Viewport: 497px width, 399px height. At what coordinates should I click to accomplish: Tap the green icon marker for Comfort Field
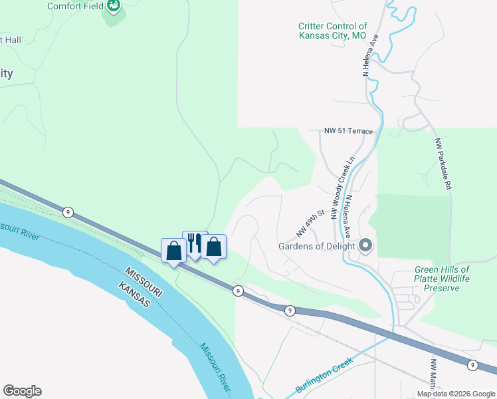pos(115,6)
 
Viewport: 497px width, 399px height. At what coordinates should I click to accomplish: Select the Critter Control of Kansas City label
pos(332,31)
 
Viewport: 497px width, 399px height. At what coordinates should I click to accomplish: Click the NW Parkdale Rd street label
pos(443,164)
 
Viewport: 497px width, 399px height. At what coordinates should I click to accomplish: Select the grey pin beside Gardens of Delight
pos(365,246)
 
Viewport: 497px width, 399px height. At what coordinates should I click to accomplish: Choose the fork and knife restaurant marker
pos(195,243)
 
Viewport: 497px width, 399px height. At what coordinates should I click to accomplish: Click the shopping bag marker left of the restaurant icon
pos(174,251)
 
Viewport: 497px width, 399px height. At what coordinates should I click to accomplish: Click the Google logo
pos(22,391)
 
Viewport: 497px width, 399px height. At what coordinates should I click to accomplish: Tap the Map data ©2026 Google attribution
pos(455,394)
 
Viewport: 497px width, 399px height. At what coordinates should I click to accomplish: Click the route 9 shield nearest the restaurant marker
pos(237,291)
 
